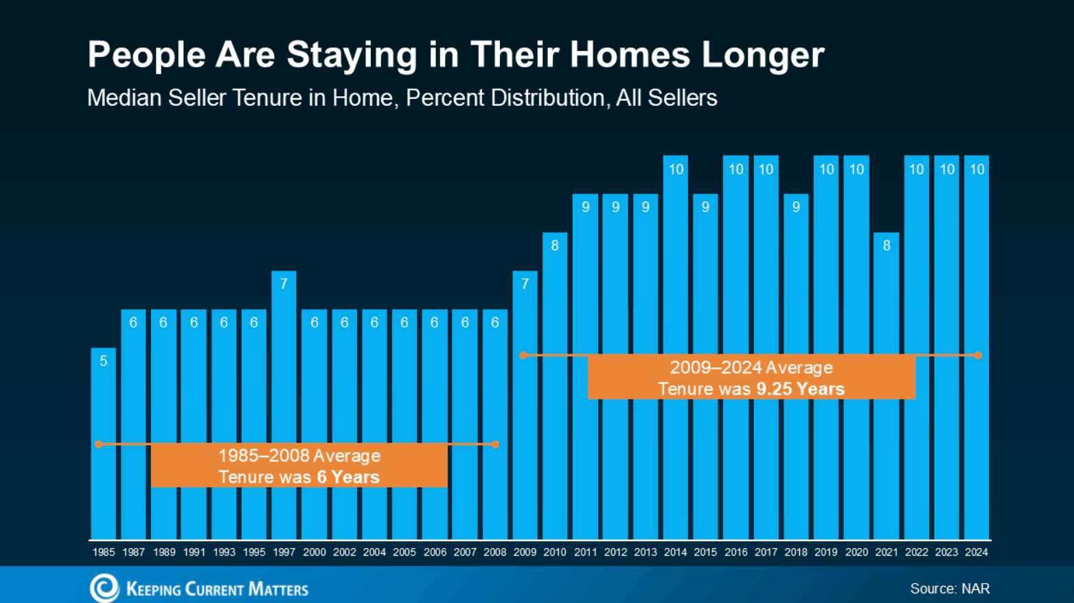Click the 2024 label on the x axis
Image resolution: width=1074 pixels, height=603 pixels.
[976, 552]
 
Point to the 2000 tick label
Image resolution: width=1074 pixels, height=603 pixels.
[315, 552]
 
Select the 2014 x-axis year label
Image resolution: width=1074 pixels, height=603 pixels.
[676, 552]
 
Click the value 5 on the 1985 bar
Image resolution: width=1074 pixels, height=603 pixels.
[104, 361]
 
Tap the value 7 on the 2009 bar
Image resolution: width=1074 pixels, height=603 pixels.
[525, 284]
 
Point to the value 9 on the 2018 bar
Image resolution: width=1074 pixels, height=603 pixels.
[796, 207]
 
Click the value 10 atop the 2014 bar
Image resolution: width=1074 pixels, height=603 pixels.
[676, 169]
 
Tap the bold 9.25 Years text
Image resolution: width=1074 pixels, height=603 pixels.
[800, 389]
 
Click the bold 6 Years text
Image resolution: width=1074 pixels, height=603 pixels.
[348, 477]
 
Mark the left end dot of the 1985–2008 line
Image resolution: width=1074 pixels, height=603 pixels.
[99, 444]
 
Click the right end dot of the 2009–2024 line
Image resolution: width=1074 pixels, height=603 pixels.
[978, 355]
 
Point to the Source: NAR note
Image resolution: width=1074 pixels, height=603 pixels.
[950, 589]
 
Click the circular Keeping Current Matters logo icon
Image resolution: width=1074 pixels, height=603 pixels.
[104, 588]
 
